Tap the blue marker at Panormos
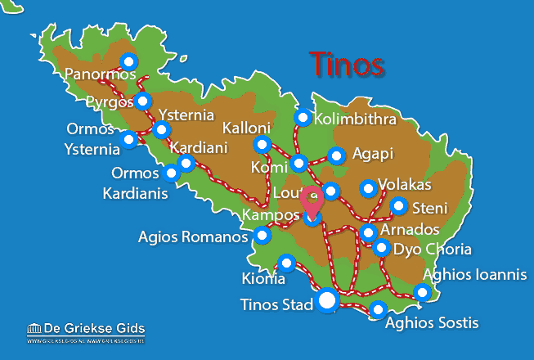pyautogui.click(x=128, y=61)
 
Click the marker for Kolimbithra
pyautogui.click(x=303, y=117)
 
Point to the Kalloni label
pyautogui.click(x=246, y=128)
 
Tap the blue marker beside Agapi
pyautogui.click(x=336, y=155)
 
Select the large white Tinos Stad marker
pyautogui.click(x=327, y=301)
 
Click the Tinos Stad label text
pyautogui.click(x=277, y=306)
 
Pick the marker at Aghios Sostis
pyautogui.click(x=378, y=309)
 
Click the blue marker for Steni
pyautogui.click(x=398, y=205)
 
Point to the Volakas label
pyautogui.click(x=408, y=186)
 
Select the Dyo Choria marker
pyautogui.click(x=381, y=247)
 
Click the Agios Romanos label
pyautogui.click(x=193, y=238)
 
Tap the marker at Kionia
pyautogui.click(x=286, y=263)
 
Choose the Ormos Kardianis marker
pyautogui.click(x=171, y=173)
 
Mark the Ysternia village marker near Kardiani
pyautogui.click(x=162, y=129)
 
